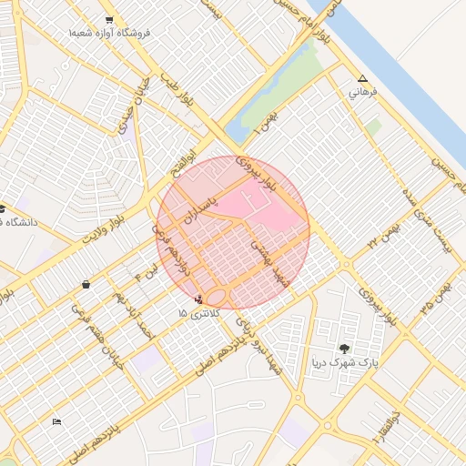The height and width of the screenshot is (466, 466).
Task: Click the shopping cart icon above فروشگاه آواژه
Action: pos(109,19)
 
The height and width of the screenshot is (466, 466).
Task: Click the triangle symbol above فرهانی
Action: pos(363,79)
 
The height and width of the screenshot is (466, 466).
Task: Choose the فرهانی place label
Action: pos(362,93)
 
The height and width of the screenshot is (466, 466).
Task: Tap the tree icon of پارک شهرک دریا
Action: pos(344,349)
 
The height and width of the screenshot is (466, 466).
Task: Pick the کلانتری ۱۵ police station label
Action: pos(196,313)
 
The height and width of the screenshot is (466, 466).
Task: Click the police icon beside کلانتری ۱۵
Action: pos(199,298)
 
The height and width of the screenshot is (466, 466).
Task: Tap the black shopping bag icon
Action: pos(86,285)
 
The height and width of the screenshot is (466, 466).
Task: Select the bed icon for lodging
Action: pos(57,421)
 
